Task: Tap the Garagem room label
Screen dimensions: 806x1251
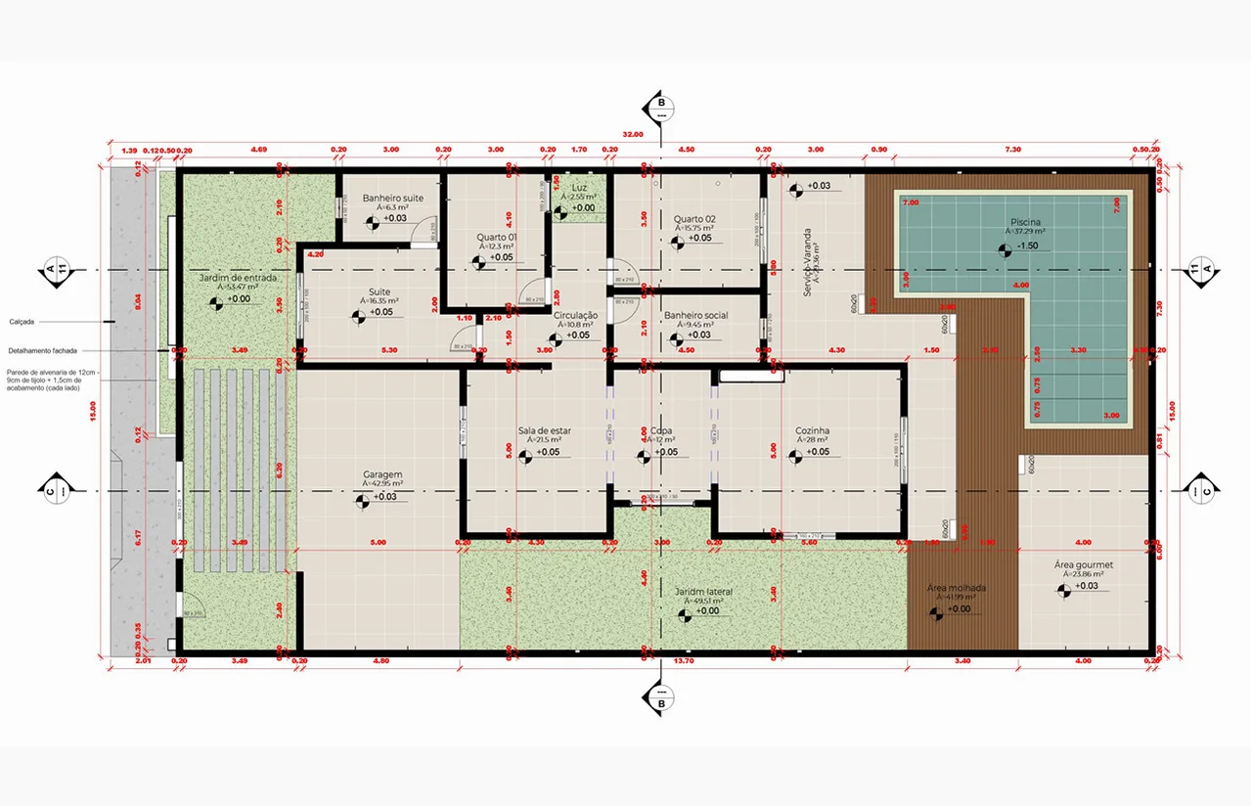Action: point(381,474)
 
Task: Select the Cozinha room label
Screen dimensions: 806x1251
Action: point(813,430)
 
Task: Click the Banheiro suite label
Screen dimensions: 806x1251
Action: point(392,199)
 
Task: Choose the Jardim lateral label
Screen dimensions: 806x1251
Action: point(703,592)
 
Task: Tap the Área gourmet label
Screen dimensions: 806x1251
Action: point(1083,565)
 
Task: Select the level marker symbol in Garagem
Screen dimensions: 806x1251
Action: point(363,499)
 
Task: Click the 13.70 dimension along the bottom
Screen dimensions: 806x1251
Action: point(684,661)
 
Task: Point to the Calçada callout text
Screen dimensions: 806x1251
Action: point(23,320)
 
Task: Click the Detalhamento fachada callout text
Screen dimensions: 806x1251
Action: point(44,350)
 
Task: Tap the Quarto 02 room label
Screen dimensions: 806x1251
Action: point(694,218)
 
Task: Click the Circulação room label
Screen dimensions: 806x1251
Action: point(575,315)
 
